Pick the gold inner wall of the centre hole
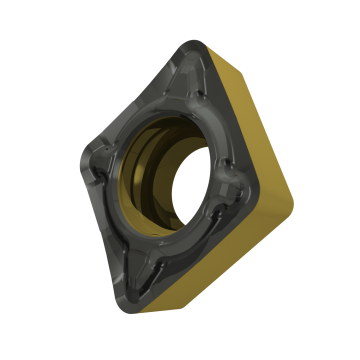(160, 160)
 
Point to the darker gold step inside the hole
(170, 185)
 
